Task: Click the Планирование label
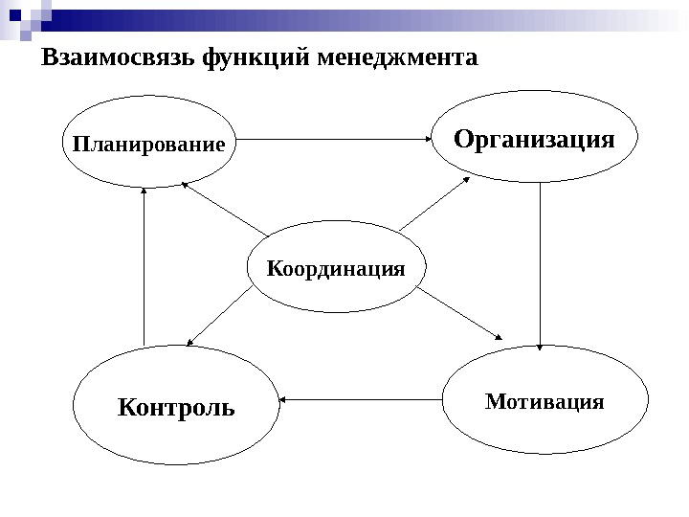click(148, 146)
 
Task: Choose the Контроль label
click(176, 408)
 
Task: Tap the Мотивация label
click(545, 401)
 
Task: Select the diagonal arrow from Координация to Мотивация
click(459, 314)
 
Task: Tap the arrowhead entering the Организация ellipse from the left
click(430, 140)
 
